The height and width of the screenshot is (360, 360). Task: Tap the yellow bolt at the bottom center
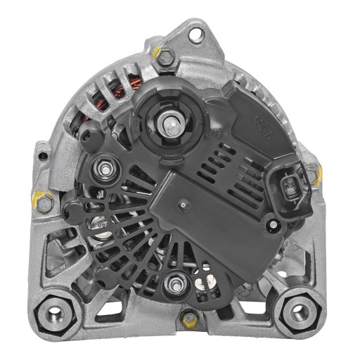[188, 319]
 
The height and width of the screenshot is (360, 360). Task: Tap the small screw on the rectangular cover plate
[182, 205]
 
